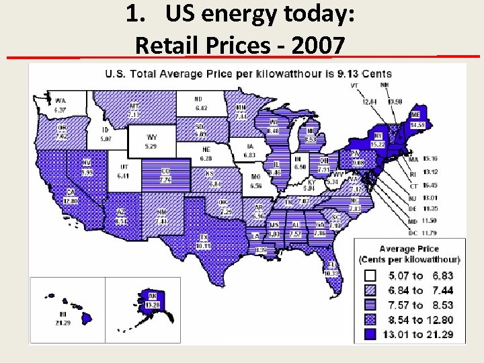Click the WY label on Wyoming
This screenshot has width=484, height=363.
click(153, 138)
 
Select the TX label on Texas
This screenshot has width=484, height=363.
click(203, 237)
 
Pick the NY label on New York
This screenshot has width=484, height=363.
click(378, 136)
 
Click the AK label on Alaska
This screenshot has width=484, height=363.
click(153, 295)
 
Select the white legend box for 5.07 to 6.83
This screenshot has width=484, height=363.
click(370, 276)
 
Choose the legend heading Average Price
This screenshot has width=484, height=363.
click(409, 249)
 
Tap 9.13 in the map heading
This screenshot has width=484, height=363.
click(348, 73)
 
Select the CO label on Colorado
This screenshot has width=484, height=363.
click(165, 171)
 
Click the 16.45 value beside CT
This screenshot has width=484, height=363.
click(430, 186)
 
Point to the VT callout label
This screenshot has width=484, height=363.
click(354, 86)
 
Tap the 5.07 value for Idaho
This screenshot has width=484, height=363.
click(106, 139)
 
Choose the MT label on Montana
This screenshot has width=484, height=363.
click(134, 106)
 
